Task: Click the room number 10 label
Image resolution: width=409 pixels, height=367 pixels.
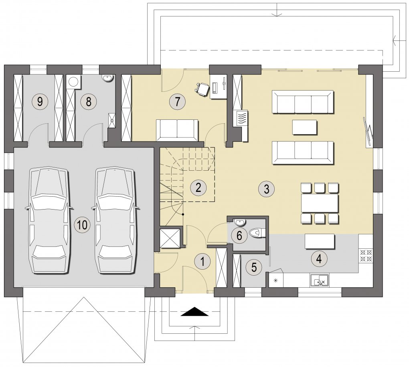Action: [82, 224]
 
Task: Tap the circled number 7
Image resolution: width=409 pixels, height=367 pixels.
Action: [177, 102]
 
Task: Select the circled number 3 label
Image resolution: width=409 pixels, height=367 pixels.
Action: [266, 188]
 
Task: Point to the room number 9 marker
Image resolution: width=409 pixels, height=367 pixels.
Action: [40, 101]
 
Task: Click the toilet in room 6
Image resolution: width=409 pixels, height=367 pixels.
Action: [257, 232]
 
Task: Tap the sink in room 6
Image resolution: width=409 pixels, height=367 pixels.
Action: [240, 222]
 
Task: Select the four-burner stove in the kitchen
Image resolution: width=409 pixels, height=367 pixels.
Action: [366, 256]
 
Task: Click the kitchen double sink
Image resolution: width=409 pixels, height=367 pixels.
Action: [319, 280]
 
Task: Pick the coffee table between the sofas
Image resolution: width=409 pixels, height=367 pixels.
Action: [305, 127]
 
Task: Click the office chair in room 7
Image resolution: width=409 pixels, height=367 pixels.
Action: [202, 88]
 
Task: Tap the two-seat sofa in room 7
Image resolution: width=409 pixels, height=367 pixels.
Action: [177, 129]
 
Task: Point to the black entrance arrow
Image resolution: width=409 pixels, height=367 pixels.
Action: [194, 311]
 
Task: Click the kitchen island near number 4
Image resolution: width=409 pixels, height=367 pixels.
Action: [320, 241]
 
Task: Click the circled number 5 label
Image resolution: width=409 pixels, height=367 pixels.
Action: [254, 267]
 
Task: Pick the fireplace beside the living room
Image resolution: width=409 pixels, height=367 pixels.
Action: [241, 119]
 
